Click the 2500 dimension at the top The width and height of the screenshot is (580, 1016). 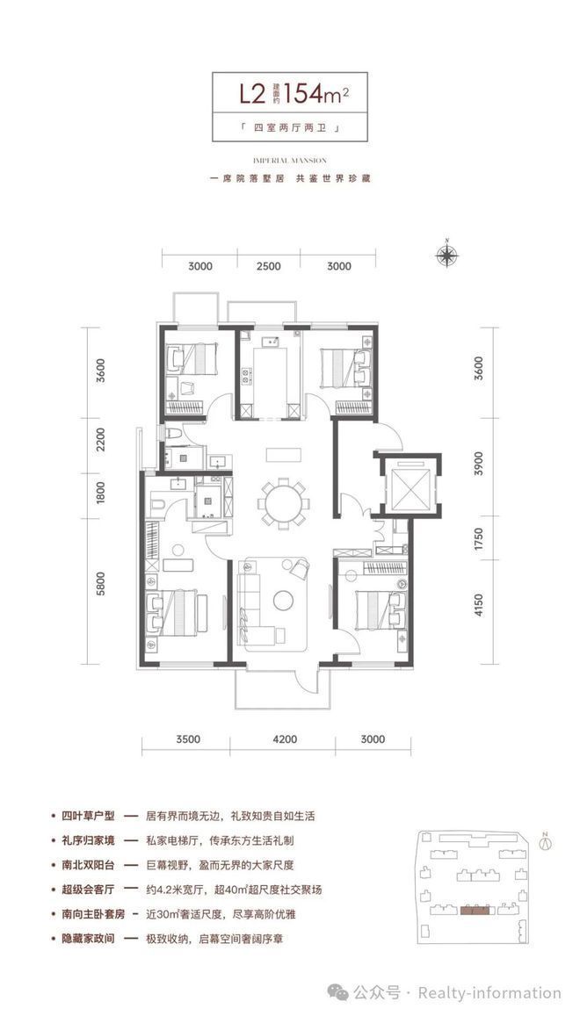point(269,266)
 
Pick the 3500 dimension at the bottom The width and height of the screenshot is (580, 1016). point(186,739)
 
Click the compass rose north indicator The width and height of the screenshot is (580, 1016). point(448,256)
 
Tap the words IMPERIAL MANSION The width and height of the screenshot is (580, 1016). point(289,161)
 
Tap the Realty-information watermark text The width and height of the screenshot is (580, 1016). point(489,993)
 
